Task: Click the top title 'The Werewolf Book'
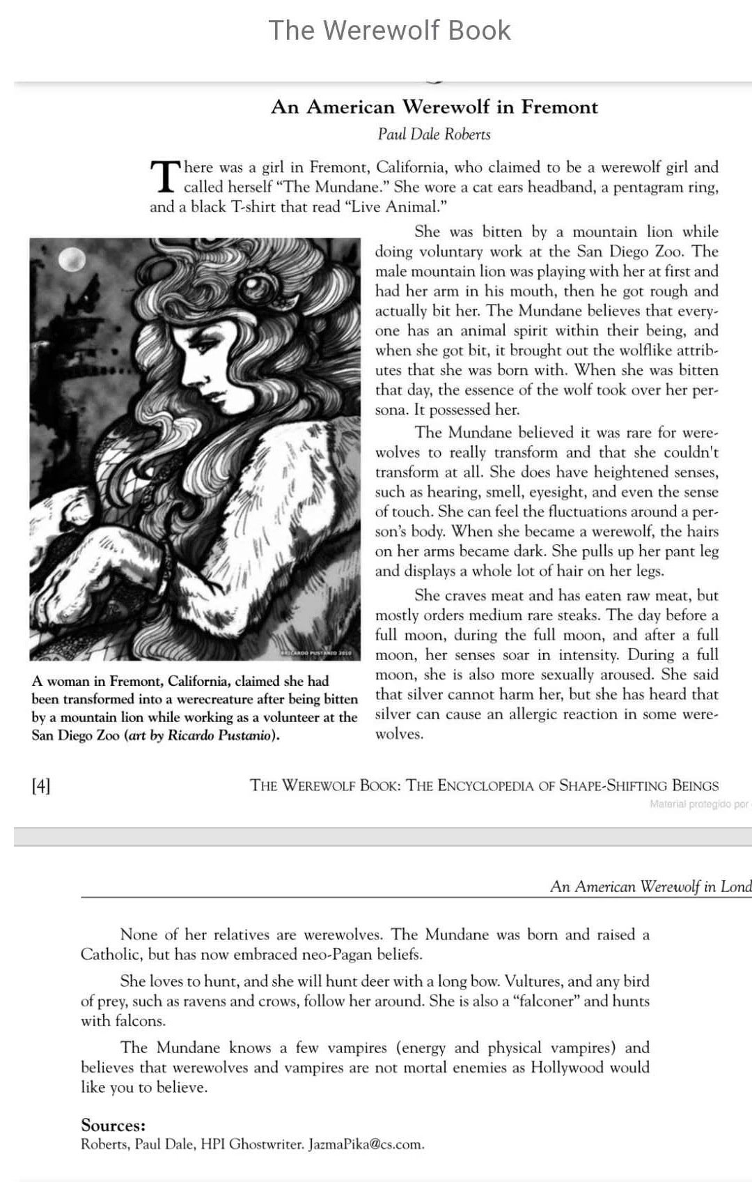(389, 31)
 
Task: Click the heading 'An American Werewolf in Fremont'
(434, 107)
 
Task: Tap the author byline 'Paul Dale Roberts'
(434, 134)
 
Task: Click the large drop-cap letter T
(165, 176)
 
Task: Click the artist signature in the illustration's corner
(320, 653)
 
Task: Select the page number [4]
(41, 786)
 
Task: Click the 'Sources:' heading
(113, 1125)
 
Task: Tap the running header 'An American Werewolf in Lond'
(650, 886)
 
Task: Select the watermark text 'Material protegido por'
(698, 804)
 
